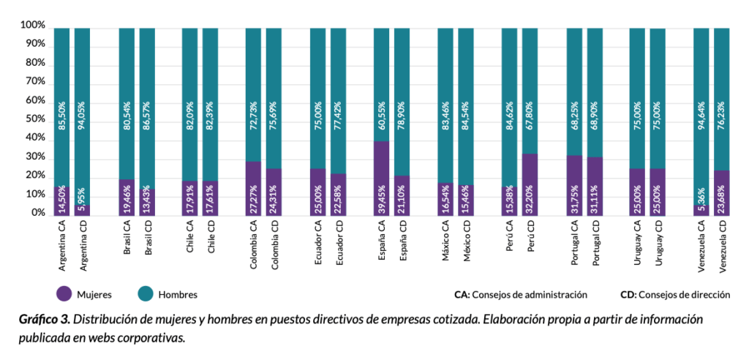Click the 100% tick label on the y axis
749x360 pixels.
pyautogui.click(x=33, y=26)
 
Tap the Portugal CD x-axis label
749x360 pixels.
pyautogui.click(x=595, y=247)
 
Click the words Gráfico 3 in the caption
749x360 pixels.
pyautogui.click(x=44, y=320)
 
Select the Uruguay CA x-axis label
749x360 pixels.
pyautogui.click(x=637, y=247)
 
